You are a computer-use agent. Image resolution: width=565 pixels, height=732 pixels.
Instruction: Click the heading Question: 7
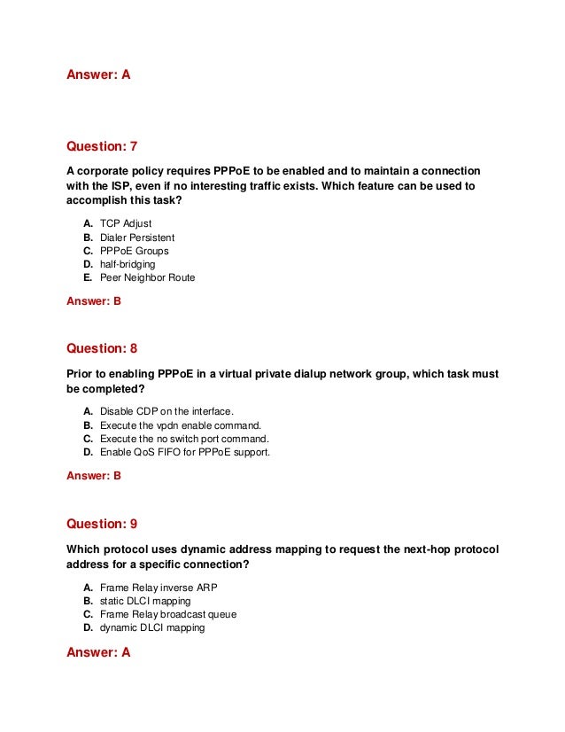(x=102, y=146)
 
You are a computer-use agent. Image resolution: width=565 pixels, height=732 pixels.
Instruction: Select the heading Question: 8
(x=102, y=348)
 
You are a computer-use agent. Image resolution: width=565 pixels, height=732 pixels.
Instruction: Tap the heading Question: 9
(x=102, y=524)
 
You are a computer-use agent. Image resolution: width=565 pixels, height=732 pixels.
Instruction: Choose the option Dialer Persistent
(x=137, y=238)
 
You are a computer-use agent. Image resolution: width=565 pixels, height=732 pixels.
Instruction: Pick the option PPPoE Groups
(x=133, y=251)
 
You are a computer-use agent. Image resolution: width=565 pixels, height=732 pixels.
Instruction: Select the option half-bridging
(x=128, y=264)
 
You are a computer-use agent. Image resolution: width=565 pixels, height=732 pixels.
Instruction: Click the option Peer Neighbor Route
(x=147, y=277)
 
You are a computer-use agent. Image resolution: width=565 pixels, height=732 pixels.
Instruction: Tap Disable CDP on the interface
(x=166, y=412)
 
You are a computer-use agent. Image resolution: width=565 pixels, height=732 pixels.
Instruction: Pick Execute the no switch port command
(x=184, y=439)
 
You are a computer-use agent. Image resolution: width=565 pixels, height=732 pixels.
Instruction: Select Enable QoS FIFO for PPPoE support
(x=185, y=452)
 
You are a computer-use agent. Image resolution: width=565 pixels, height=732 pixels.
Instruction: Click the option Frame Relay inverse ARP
(x=159, y=588)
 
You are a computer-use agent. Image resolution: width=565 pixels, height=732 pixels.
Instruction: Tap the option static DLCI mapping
(x=145, y=601)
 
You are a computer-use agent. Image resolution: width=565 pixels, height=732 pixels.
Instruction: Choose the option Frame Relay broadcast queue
(x=168, y=614)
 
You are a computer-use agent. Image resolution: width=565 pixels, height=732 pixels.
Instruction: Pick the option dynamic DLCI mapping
(x=152, y=627)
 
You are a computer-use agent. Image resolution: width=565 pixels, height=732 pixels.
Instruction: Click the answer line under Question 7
(x=94, y=301)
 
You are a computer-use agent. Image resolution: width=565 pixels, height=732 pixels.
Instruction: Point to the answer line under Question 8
(x=94, y=476)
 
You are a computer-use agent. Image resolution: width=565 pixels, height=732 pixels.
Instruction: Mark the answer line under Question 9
(x=98, y=652)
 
